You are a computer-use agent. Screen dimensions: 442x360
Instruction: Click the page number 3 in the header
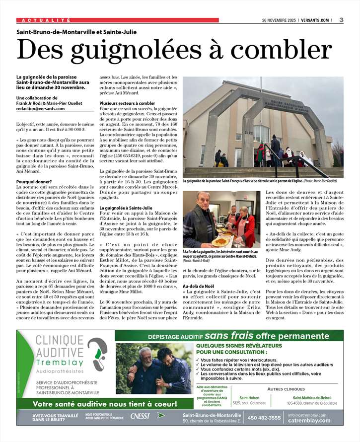tap(342, 20)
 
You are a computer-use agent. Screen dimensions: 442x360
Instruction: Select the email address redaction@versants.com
tap(40, 108)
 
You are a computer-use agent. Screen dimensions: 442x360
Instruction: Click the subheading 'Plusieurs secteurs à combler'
tap(127, 103)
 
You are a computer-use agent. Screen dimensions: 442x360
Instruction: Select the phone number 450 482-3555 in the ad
tap(264, 418)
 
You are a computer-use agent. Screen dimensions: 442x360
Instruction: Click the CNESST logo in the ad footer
tap(140, 416)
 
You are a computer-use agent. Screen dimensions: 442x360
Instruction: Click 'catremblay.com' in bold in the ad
tap(309, 421)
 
